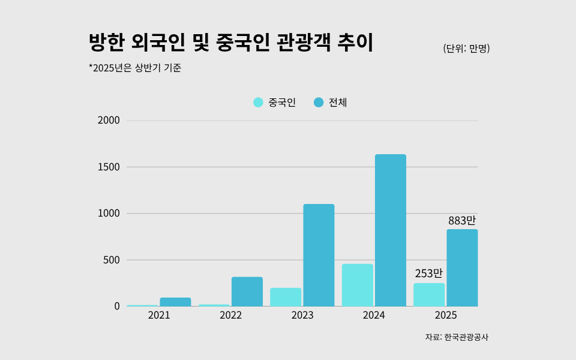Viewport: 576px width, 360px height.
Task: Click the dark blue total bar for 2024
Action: pyautogui.click(x=390, y=230)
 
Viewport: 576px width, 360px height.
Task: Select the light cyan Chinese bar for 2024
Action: pyautogui.click(x=357, y=285)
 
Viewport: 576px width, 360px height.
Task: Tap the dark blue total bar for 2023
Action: pyautogui.click(x=319, y=255)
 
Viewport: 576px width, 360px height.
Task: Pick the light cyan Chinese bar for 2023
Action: pyautogui.click(x=286, y=297)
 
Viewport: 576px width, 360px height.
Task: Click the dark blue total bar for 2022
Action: pyautogui.click(x=247, y=292)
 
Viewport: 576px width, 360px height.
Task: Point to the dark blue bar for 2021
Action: pyautogui.click(x=175, y=302)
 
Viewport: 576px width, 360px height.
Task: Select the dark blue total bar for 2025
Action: pyautogui.click(x=462, y=268)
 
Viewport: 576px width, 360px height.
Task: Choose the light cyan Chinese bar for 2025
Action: pyautogui.click(x=429, y=295)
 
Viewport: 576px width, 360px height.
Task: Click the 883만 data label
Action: pyautogui.click(x=461, y=221)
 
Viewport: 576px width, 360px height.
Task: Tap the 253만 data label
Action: pyautogui.click(x=428, y=274)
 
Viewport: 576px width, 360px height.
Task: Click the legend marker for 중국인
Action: pyautogui.click(x=258, y=103)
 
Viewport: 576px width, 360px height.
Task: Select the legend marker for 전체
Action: pyautogui.click(x=319, y=103)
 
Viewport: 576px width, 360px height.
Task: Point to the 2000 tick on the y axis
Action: pyautogui.click(x=109, y=121)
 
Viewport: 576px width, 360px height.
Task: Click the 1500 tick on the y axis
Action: pyautogui.click(x=109, y=167)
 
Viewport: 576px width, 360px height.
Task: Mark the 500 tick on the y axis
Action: pyautogui.click(x=111, y=260)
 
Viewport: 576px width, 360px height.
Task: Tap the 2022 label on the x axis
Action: pyautogui.click(x=230, y=316)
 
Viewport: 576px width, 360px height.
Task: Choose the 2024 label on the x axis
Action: pyautogui.click(x=374, y=316)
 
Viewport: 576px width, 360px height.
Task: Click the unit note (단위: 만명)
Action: pyautogui.click(x=466, y=49)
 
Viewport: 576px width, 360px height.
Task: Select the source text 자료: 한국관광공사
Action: pyautogui.click(x=457, y=337)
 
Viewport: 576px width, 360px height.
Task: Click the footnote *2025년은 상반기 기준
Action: pyautogui.click(x=135, y=68)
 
